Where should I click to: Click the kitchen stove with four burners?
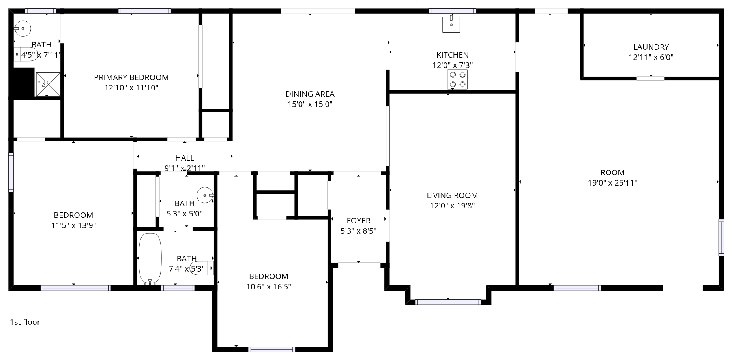tap(457, 79)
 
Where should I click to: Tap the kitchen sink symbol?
tap(451, 24)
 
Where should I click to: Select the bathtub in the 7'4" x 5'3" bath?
tap(150, 259)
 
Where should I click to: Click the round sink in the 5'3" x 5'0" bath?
tap(205, 195)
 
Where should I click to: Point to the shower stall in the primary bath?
tap(48, 84)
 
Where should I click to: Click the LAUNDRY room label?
tap(651, 47)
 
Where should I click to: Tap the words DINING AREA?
tap(310, 94)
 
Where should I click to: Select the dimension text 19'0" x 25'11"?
tap(612, 183)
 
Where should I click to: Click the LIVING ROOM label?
tap(452, 195)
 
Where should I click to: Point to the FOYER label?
tap(358, 221)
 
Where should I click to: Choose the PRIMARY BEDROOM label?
tap(131, 77)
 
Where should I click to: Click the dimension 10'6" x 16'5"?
tap(269, 287)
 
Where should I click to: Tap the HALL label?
tap(185, 158)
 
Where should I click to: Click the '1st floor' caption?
tap(25, 322)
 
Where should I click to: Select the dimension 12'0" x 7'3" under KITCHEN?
tap(453, 65)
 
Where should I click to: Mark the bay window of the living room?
tap(448, 302)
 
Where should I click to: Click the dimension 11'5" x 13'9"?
tap(74, 225)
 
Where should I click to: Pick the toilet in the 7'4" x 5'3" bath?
tap(202, 268)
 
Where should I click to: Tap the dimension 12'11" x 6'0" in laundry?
tap(651, 57)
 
